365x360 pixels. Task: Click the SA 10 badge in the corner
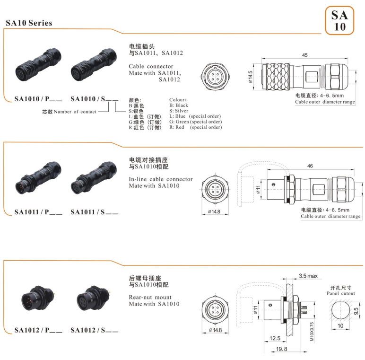click(x=339, y=20)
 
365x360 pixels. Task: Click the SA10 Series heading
click(x=29, y=23)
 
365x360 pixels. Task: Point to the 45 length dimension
click(x=304, y=55)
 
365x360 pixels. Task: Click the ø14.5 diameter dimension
click(x=251, y=76)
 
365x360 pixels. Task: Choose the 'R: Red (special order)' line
click(x=195, y=127)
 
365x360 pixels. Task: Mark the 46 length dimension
click(x=310, y=166)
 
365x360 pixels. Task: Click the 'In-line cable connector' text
click(x=161, y=179)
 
